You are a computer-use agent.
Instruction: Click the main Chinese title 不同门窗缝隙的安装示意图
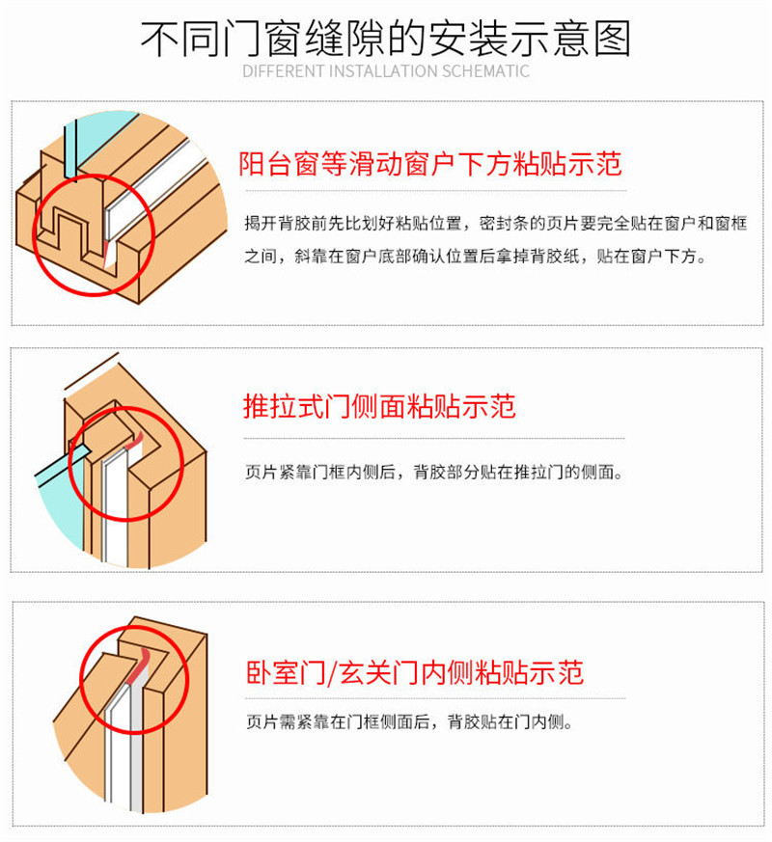click(x=386, y=38)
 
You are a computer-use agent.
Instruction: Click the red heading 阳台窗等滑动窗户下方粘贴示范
click(x=430, y=163)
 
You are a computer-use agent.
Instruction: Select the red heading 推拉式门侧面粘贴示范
click(x=378, y=406)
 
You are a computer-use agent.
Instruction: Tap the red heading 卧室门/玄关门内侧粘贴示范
click(x=412, y=671)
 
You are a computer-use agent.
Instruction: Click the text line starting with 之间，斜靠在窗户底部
click(x=476, y=258)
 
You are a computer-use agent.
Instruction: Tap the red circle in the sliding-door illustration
click(x=126, y=465)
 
